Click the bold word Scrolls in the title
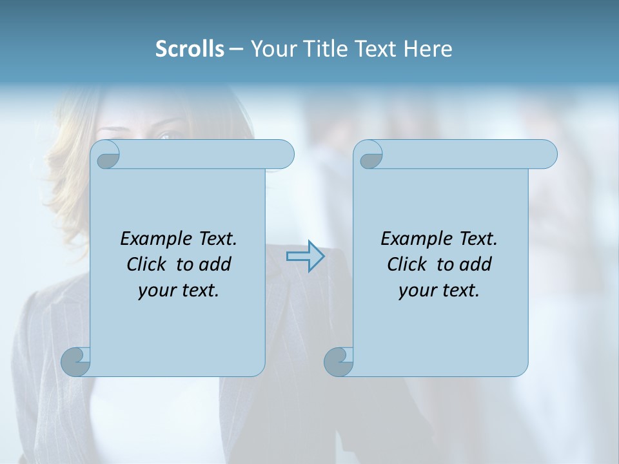190,49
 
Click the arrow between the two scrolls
305,256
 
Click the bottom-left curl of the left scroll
75,362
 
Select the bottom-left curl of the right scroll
339,362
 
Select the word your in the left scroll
155,291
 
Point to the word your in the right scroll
416,291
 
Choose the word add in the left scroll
216,264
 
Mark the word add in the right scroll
477,264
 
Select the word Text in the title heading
377,49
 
